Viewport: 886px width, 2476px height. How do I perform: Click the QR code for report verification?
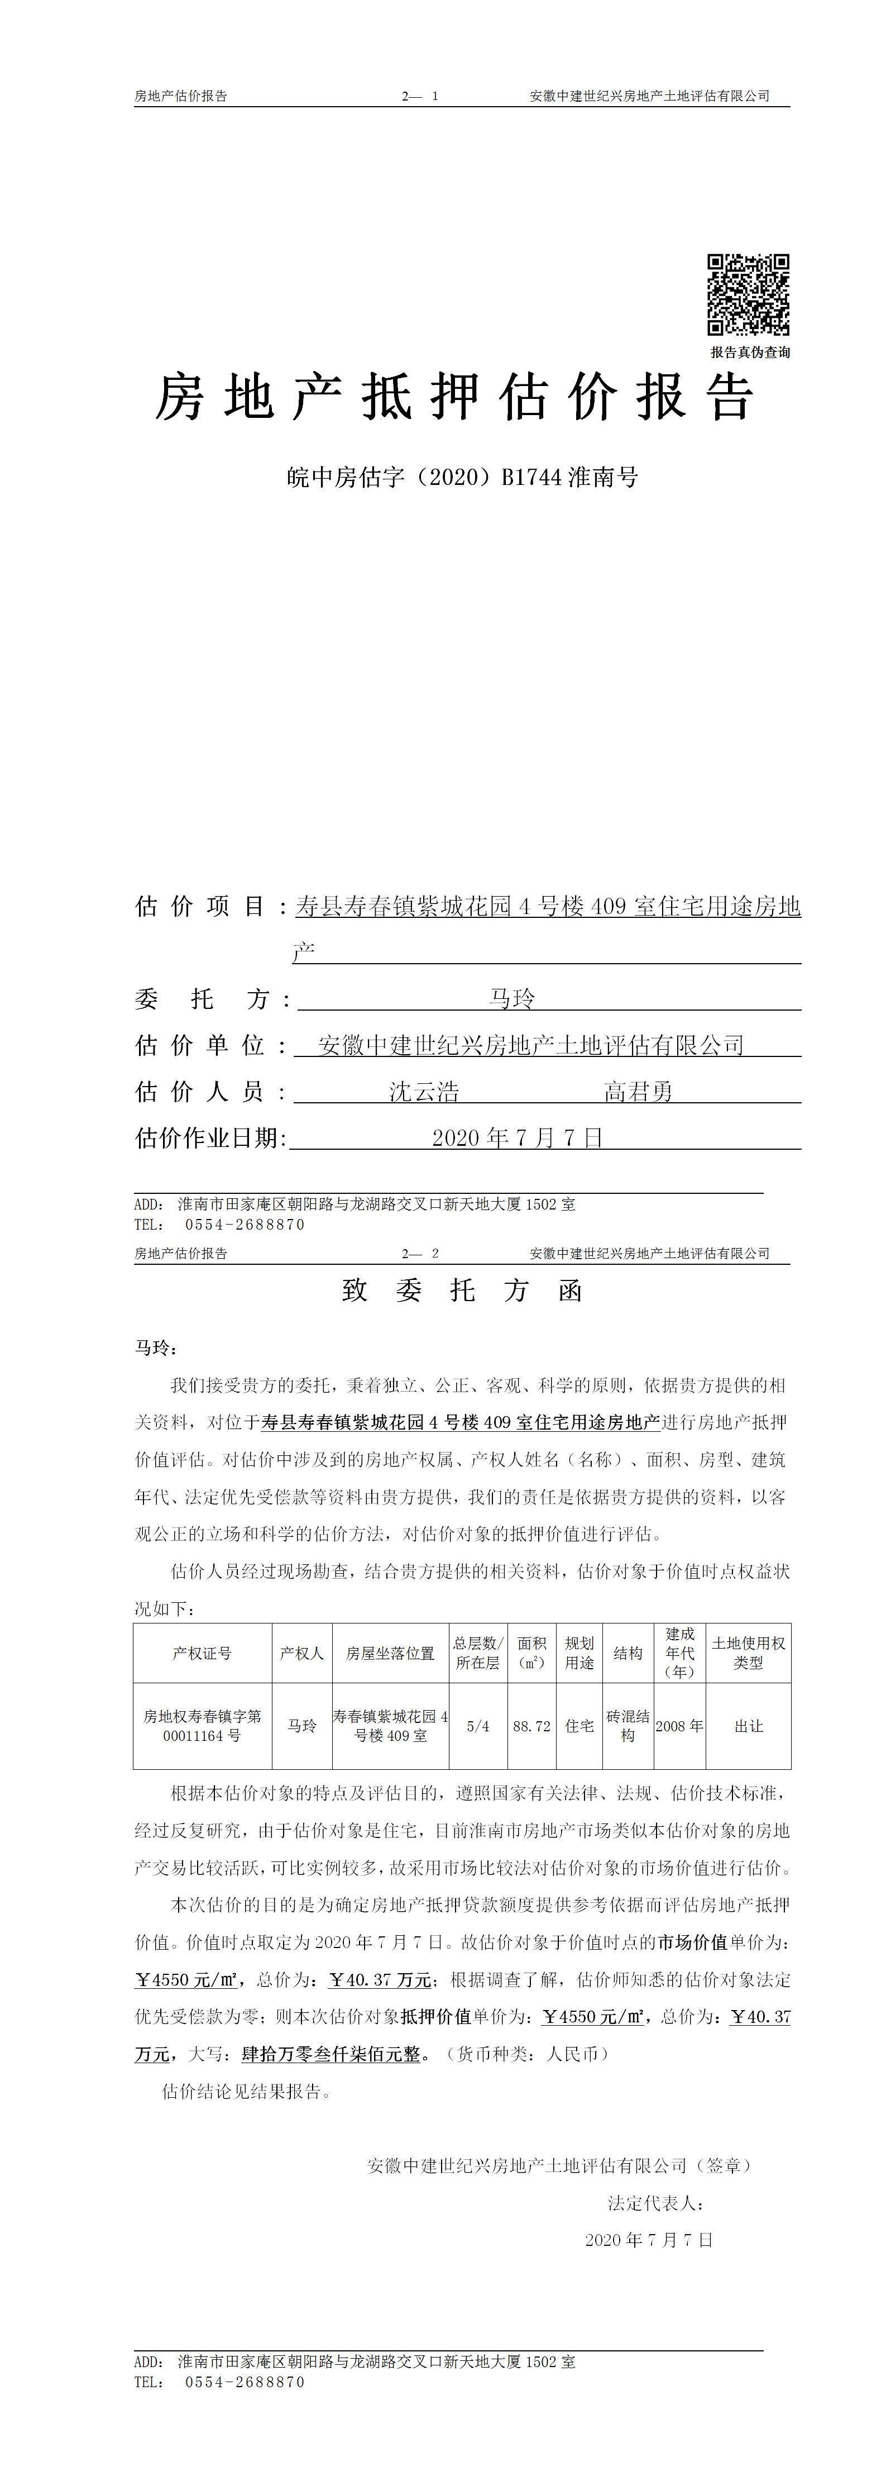[749, 294]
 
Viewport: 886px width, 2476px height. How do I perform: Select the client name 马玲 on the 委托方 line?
[511, 999]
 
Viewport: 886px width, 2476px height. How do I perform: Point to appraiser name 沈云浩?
[424, 1091]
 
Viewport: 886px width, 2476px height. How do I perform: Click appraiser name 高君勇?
[638, 1091]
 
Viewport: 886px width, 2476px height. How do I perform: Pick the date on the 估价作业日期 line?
[517, 1137]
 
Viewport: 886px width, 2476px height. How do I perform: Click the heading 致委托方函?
[462, 1290]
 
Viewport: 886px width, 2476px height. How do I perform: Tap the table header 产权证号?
[202, 1653]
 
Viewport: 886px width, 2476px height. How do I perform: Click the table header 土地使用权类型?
[749, 1653]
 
